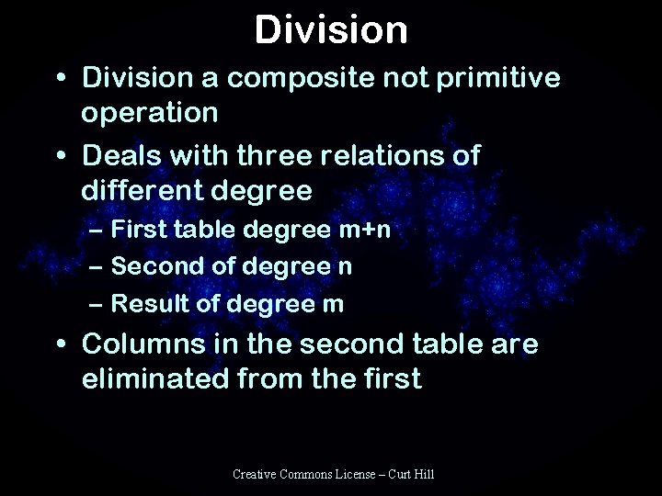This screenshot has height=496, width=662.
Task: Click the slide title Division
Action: pyautogui.click(x=331, y=28)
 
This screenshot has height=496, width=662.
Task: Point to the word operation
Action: pyautogui.click(x=149, y=113)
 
